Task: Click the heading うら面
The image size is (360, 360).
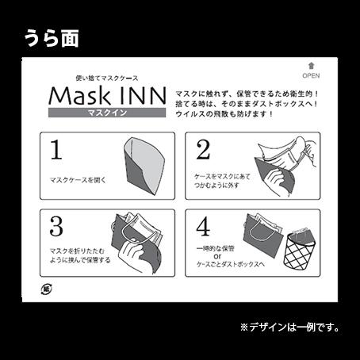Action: [52, 37]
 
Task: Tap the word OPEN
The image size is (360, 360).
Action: [310, 77]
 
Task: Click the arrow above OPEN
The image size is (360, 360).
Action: [310, 68]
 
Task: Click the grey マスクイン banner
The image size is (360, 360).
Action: [107, 113]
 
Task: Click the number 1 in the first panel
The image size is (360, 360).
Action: [56, 149]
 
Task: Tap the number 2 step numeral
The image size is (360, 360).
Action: [202, 149]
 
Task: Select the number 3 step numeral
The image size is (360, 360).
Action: [56, 225]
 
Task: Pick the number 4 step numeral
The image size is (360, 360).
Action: [203, 226]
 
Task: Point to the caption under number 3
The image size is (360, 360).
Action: [79, 255]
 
